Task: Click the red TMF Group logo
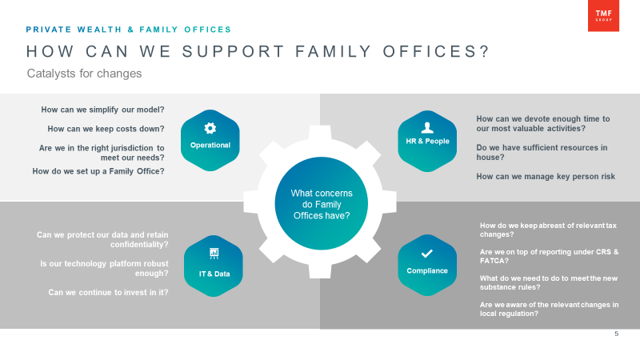[603, 15]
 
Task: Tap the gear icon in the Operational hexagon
[210, 128]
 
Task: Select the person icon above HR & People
[427, 128]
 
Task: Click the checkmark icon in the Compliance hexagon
[427, 254]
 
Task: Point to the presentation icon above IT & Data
[214, 254]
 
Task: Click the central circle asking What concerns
[322, 203]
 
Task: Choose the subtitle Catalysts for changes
[85, 74]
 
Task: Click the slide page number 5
[616, 334]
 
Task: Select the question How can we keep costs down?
[106, 129]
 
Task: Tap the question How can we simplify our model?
[102, 110]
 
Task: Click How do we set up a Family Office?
[98, 171]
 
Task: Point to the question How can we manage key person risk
[546, 177]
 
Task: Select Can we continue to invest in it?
[108, 293]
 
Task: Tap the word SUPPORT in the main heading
[234, 52]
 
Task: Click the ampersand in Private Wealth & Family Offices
[130, 30]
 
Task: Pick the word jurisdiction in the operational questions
[128, 148]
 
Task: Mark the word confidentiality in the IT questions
[139, 245]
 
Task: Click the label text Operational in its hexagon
[210, 146]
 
